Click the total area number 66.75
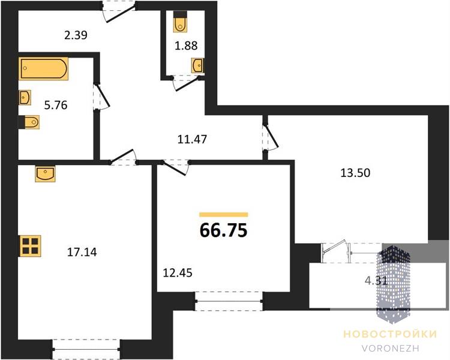223,230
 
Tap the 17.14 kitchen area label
82,253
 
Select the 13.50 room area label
355,173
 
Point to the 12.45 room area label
178,273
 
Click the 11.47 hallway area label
192,140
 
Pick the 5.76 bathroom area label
56,106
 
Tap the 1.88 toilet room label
186,46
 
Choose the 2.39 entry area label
76,35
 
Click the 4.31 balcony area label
376,281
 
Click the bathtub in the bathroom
44,68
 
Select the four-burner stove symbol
30,246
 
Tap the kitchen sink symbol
46,173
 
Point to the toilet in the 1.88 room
180,22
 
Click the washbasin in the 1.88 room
197,65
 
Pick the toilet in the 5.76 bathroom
29,122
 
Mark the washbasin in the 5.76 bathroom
25,97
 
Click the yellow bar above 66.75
224,214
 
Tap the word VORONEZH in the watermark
391,349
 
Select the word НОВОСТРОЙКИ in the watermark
390,334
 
